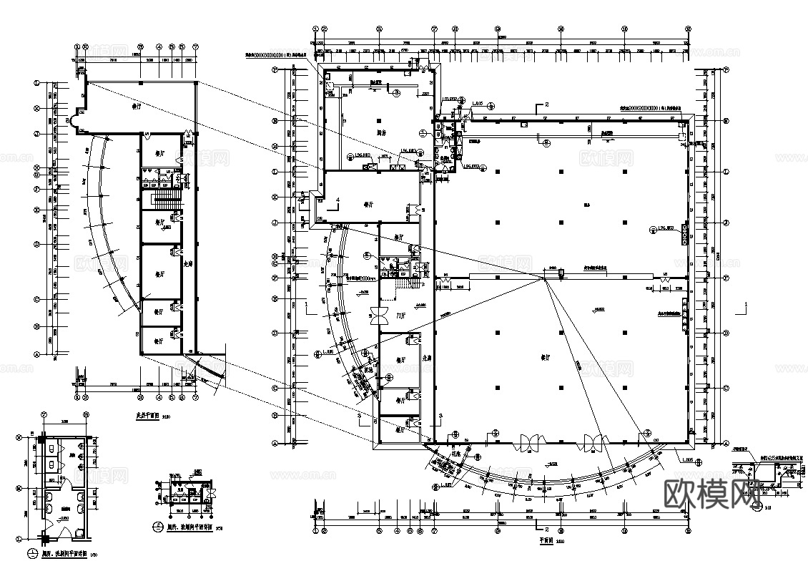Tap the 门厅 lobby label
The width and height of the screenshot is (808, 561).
401,315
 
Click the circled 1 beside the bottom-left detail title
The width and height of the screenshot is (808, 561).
33,552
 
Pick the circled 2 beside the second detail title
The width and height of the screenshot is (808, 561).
157,527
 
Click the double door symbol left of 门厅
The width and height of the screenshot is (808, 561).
375,316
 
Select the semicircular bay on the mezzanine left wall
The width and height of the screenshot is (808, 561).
72,120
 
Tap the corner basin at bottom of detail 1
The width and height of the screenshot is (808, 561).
78,530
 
